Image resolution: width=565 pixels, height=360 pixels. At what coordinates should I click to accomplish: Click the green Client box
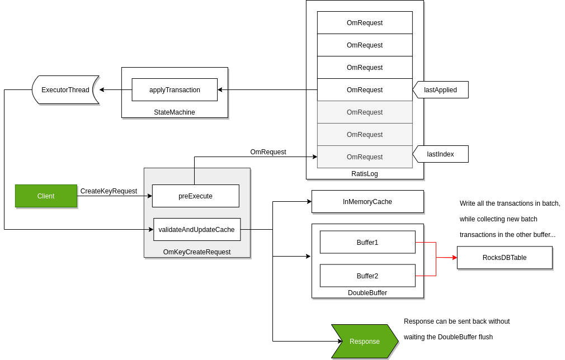click(x=46, y=196)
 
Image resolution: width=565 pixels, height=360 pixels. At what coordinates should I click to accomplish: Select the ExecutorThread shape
click(x=65, y=90)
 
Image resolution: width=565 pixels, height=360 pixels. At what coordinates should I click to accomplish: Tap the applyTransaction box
click(x=175, y=90)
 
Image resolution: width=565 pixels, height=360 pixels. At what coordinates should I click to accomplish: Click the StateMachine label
click(x=175, y=112)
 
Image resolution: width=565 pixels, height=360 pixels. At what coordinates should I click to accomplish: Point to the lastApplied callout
click(x=441, y=90)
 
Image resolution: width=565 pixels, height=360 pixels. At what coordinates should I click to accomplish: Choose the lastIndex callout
click(x=441, y=154)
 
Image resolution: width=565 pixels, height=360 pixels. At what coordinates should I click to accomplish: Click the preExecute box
click(x=195, y=196)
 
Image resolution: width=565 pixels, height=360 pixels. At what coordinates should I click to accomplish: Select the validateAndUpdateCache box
click(x=197, y=230)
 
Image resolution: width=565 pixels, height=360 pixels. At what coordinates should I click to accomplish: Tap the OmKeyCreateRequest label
click(x=197, y=252)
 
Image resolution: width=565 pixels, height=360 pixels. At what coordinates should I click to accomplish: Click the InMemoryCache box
click(x=368, y=202)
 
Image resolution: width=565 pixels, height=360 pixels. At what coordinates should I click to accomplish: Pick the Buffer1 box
click(x=368, y=242)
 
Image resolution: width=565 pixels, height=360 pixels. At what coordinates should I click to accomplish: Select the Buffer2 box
click(x=368, y=276)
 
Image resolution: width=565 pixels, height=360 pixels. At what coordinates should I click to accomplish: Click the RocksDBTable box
click(x=505, y=258)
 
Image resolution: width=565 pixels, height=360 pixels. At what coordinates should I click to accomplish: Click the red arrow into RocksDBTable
click(x=446, y=258)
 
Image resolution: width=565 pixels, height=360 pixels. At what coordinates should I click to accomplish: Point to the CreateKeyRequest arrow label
click(x=109, y=191)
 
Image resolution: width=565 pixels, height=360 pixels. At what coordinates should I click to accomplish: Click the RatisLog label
click(x=365, y=174)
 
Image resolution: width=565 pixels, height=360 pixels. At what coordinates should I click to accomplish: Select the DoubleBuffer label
click(x=368, y=293)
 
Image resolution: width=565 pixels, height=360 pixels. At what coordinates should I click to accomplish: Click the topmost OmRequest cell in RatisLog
click(x=365, y=23)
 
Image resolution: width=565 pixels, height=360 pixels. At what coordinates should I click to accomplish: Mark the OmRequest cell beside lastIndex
click(x=365, y=157)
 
